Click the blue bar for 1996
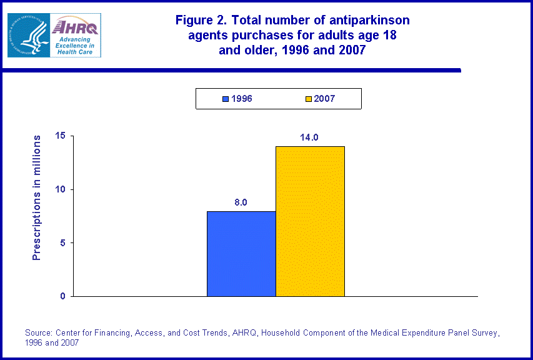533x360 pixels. [241, 254]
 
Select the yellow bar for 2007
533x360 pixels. [310, 221]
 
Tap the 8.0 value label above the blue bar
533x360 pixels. [241, 202]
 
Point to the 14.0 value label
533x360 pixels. [309, 137]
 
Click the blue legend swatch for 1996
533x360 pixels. [226, 99]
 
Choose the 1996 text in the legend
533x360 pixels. [241, 99]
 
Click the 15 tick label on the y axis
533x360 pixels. [60, 136]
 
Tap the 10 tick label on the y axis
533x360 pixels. [60, 189]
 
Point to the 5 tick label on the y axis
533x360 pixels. [62, 242]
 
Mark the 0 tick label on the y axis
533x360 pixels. [62, 296]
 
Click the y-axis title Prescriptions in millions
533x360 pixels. [37, 197]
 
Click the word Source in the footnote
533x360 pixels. [39, 332]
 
